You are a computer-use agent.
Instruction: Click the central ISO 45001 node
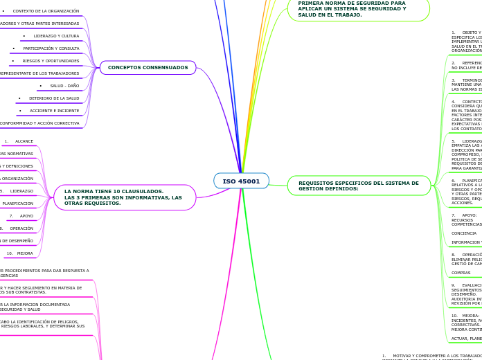241,181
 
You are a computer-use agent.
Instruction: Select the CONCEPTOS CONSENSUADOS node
148,68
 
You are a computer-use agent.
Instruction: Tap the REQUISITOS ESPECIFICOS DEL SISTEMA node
359,186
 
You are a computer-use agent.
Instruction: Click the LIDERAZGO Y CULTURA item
55,36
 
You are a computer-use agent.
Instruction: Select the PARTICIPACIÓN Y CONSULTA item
51,48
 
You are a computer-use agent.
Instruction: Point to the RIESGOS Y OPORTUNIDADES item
50,61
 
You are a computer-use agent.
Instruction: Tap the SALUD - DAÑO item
64,86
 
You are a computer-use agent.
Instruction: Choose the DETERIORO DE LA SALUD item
53,98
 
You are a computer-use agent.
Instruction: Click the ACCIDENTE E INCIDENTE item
53,111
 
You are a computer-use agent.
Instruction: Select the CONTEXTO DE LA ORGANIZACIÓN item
45,11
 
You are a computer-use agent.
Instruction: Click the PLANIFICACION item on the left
17,204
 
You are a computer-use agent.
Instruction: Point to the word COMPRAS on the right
461,273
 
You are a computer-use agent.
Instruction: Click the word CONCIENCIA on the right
463,233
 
